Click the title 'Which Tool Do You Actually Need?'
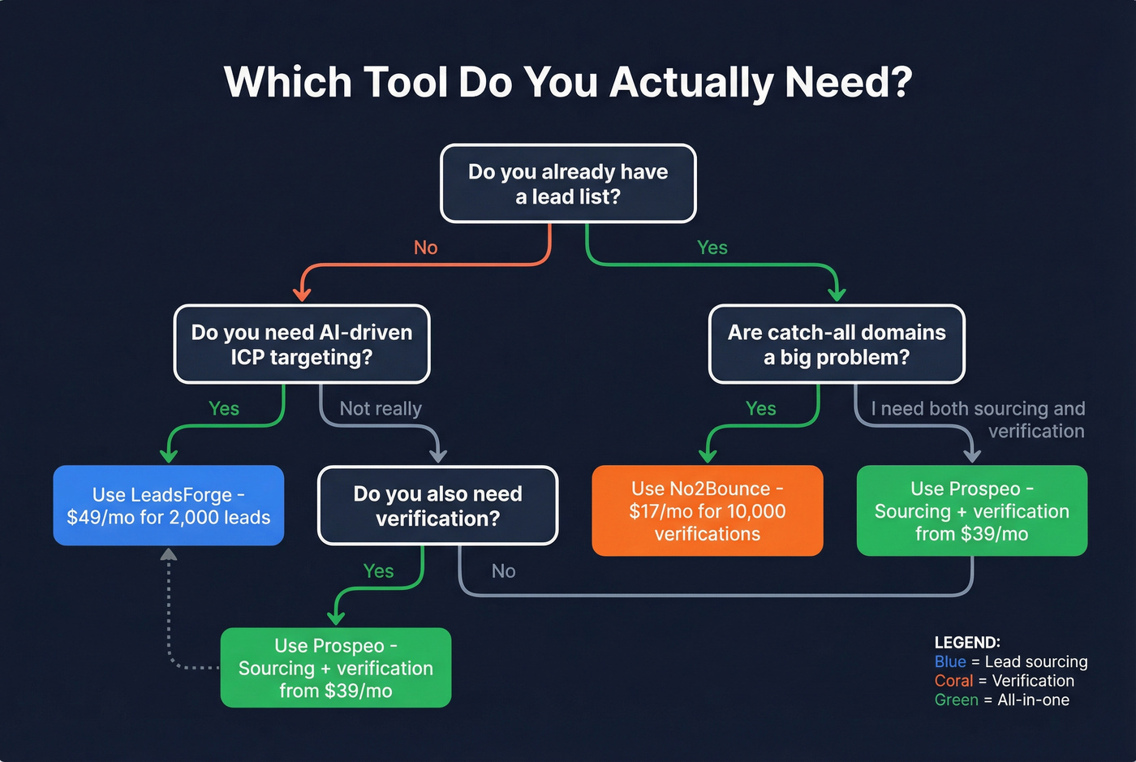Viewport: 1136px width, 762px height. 568,82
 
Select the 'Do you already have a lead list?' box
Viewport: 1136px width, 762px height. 568,183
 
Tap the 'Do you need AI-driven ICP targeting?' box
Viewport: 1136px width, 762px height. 302,344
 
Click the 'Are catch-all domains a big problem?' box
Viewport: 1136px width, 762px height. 837,344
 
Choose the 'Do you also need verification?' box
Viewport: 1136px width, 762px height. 437,506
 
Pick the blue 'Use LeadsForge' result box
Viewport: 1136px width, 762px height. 169,506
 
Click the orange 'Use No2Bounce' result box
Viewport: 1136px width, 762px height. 708,510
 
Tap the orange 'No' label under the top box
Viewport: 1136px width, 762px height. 425,248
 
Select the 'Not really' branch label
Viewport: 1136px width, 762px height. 381,408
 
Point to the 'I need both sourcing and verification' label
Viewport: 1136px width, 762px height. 978,420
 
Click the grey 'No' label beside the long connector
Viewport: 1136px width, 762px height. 503,571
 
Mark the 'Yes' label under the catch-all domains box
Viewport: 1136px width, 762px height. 760,408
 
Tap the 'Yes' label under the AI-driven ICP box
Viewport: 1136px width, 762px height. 224,408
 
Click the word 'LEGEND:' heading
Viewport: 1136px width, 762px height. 967,643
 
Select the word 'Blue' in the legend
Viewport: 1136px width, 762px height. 950,662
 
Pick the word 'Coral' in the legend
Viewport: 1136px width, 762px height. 953,681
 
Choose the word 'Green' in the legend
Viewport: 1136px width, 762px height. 956,700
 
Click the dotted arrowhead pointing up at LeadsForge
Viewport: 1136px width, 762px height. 169,555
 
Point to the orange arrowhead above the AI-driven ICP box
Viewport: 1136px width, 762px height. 302,293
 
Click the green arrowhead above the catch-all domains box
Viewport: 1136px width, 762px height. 837,293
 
